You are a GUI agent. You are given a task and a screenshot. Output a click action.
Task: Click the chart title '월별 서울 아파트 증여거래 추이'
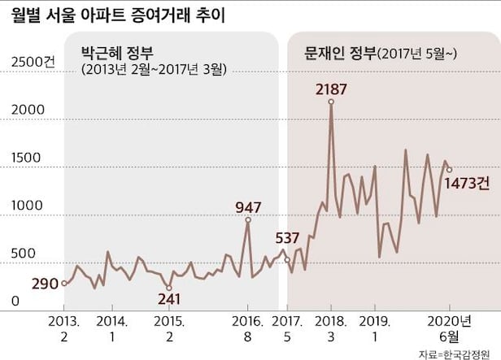[x=119, y=15]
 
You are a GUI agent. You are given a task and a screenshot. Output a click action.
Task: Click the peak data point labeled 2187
[x=331, y=102]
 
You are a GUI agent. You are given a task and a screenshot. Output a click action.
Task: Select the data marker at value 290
[x=64, y=284]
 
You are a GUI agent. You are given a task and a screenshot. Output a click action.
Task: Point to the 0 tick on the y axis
[x=15, y=301]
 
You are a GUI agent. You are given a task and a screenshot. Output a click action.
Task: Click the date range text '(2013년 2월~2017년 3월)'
[x=153, y=70]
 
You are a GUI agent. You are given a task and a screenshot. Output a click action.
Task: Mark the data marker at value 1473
[x=449, y=170]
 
